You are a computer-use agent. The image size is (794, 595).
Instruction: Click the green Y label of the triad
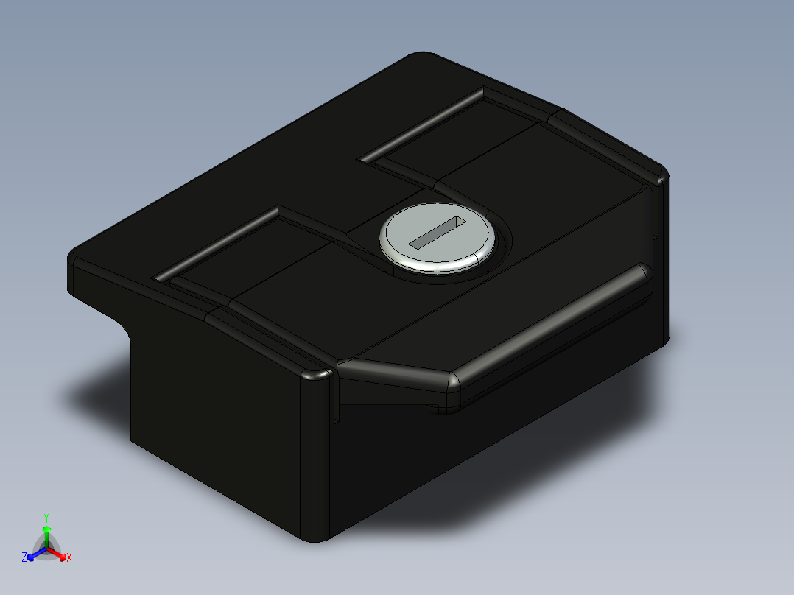(46, 518)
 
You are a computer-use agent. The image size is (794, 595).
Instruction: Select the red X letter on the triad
(69, 558)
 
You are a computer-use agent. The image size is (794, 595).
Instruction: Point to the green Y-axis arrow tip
(46, 529)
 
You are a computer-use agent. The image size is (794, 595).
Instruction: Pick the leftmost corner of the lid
(72, 258)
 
